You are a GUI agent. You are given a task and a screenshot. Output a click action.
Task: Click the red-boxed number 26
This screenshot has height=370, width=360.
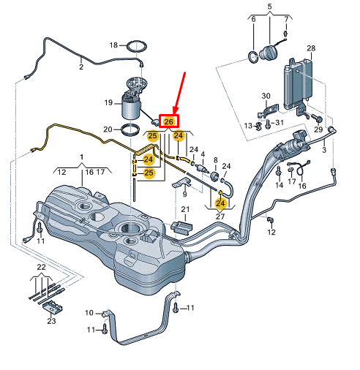[168, 121]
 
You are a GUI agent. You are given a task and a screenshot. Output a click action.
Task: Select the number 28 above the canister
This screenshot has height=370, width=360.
[311, 48]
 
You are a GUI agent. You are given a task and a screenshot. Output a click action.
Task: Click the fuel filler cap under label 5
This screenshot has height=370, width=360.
[268, 53]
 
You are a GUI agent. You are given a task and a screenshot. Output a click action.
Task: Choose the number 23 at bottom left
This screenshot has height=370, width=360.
[51, 321]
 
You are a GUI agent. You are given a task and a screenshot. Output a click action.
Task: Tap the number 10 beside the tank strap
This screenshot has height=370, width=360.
[89, 312]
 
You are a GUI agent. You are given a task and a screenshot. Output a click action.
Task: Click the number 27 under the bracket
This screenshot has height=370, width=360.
[220, 216]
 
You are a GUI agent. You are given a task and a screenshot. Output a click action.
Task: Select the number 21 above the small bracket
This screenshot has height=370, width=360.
[185, 209]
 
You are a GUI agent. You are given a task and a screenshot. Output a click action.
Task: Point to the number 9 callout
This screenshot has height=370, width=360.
[184, 194]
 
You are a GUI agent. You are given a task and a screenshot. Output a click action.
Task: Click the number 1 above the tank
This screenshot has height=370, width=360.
[82, 157]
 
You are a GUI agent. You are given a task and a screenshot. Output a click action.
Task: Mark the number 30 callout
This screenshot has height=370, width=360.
[266, 96]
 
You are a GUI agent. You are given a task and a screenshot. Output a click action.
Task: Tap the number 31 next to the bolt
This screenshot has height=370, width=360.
[280, 122]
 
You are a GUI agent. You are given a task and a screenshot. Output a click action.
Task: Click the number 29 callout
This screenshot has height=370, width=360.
[318, 129]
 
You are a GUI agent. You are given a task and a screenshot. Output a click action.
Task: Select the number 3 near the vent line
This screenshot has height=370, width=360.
[324, 149]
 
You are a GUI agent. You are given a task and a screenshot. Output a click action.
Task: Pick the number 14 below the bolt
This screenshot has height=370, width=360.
[280, 185]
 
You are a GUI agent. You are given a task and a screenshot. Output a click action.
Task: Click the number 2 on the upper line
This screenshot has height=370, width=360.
[81, 67]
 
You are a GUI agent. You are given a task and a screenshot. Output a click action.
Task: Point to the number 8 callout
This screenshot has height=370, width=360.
[216, 160]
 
